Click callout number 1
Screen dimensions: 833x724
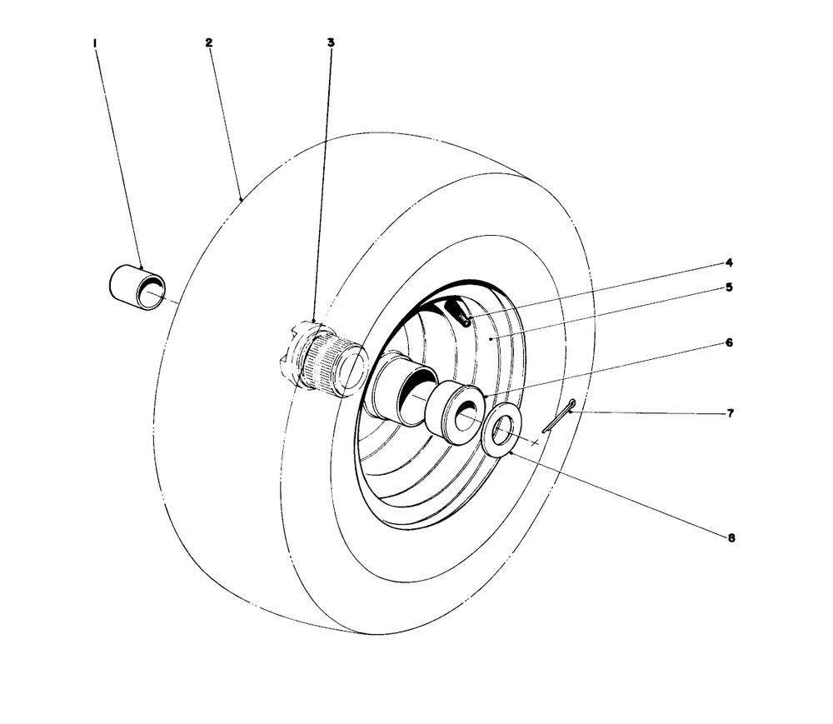(95, 43)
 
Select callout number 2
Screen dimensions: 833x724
(209, 43)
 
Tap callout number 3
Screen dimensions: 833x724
(331, 42)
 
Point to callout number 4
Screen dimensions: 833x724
(729, 263)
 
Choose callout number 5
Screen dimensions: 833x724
(729, 287)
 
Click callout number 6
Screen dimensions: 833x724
(729, 343)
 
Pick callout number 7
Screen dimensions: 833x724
(730, 413)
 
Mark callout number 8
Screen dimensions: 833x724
(731, 538)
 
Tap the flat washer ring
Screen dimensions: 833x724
(501, 430)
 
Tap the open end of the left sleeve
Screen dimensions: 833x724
(150, 293)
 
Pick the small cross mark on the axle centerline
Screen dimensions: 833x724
(535, 442)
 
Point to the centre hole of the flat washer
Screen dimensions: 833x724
(501, 430)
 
